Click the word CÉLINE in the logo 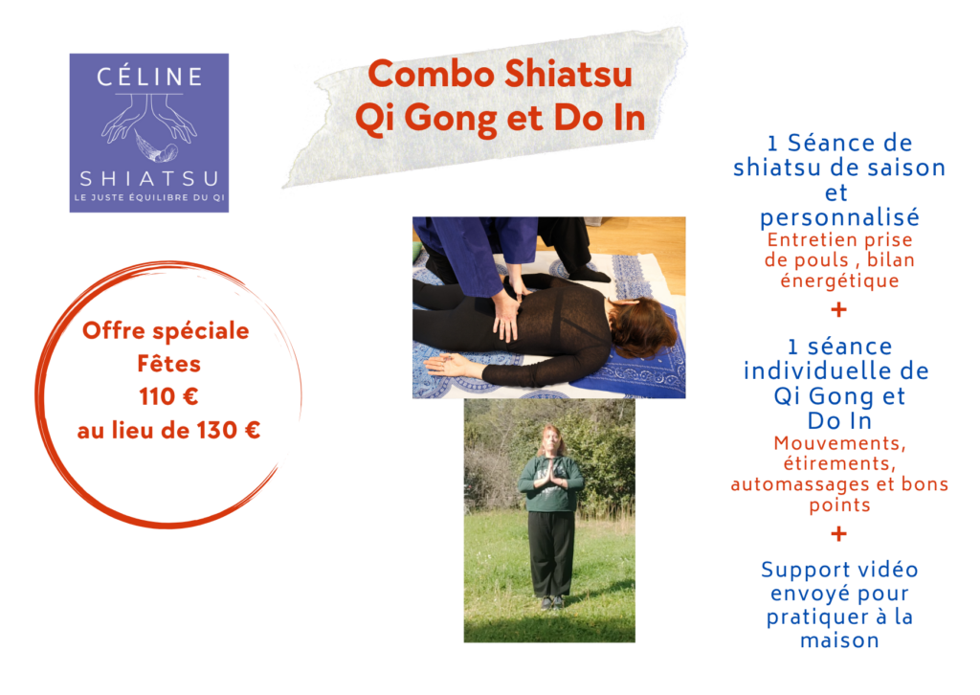[x=149, y=77]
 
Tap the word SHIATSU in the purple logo [x=149, y=179]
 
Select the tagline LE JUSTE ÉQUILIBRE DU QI [x=149, y=197]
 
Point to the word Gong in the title [x=452, y=118]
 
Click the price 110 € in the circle [x=168, y=397]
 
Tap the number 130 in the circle [x=218, y=430]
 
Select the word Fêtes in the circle [x=168, y=363]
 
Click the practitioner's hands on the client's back [x=507, y=309]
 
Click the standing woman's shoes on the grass [x=551, y=602]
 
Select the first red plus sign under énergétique [x=838, y=309]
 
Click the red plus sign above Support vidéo [x=838, y=534]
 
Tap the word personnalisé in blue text [x=839, y=217]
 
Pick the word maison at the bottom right [x=839, y=640]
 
